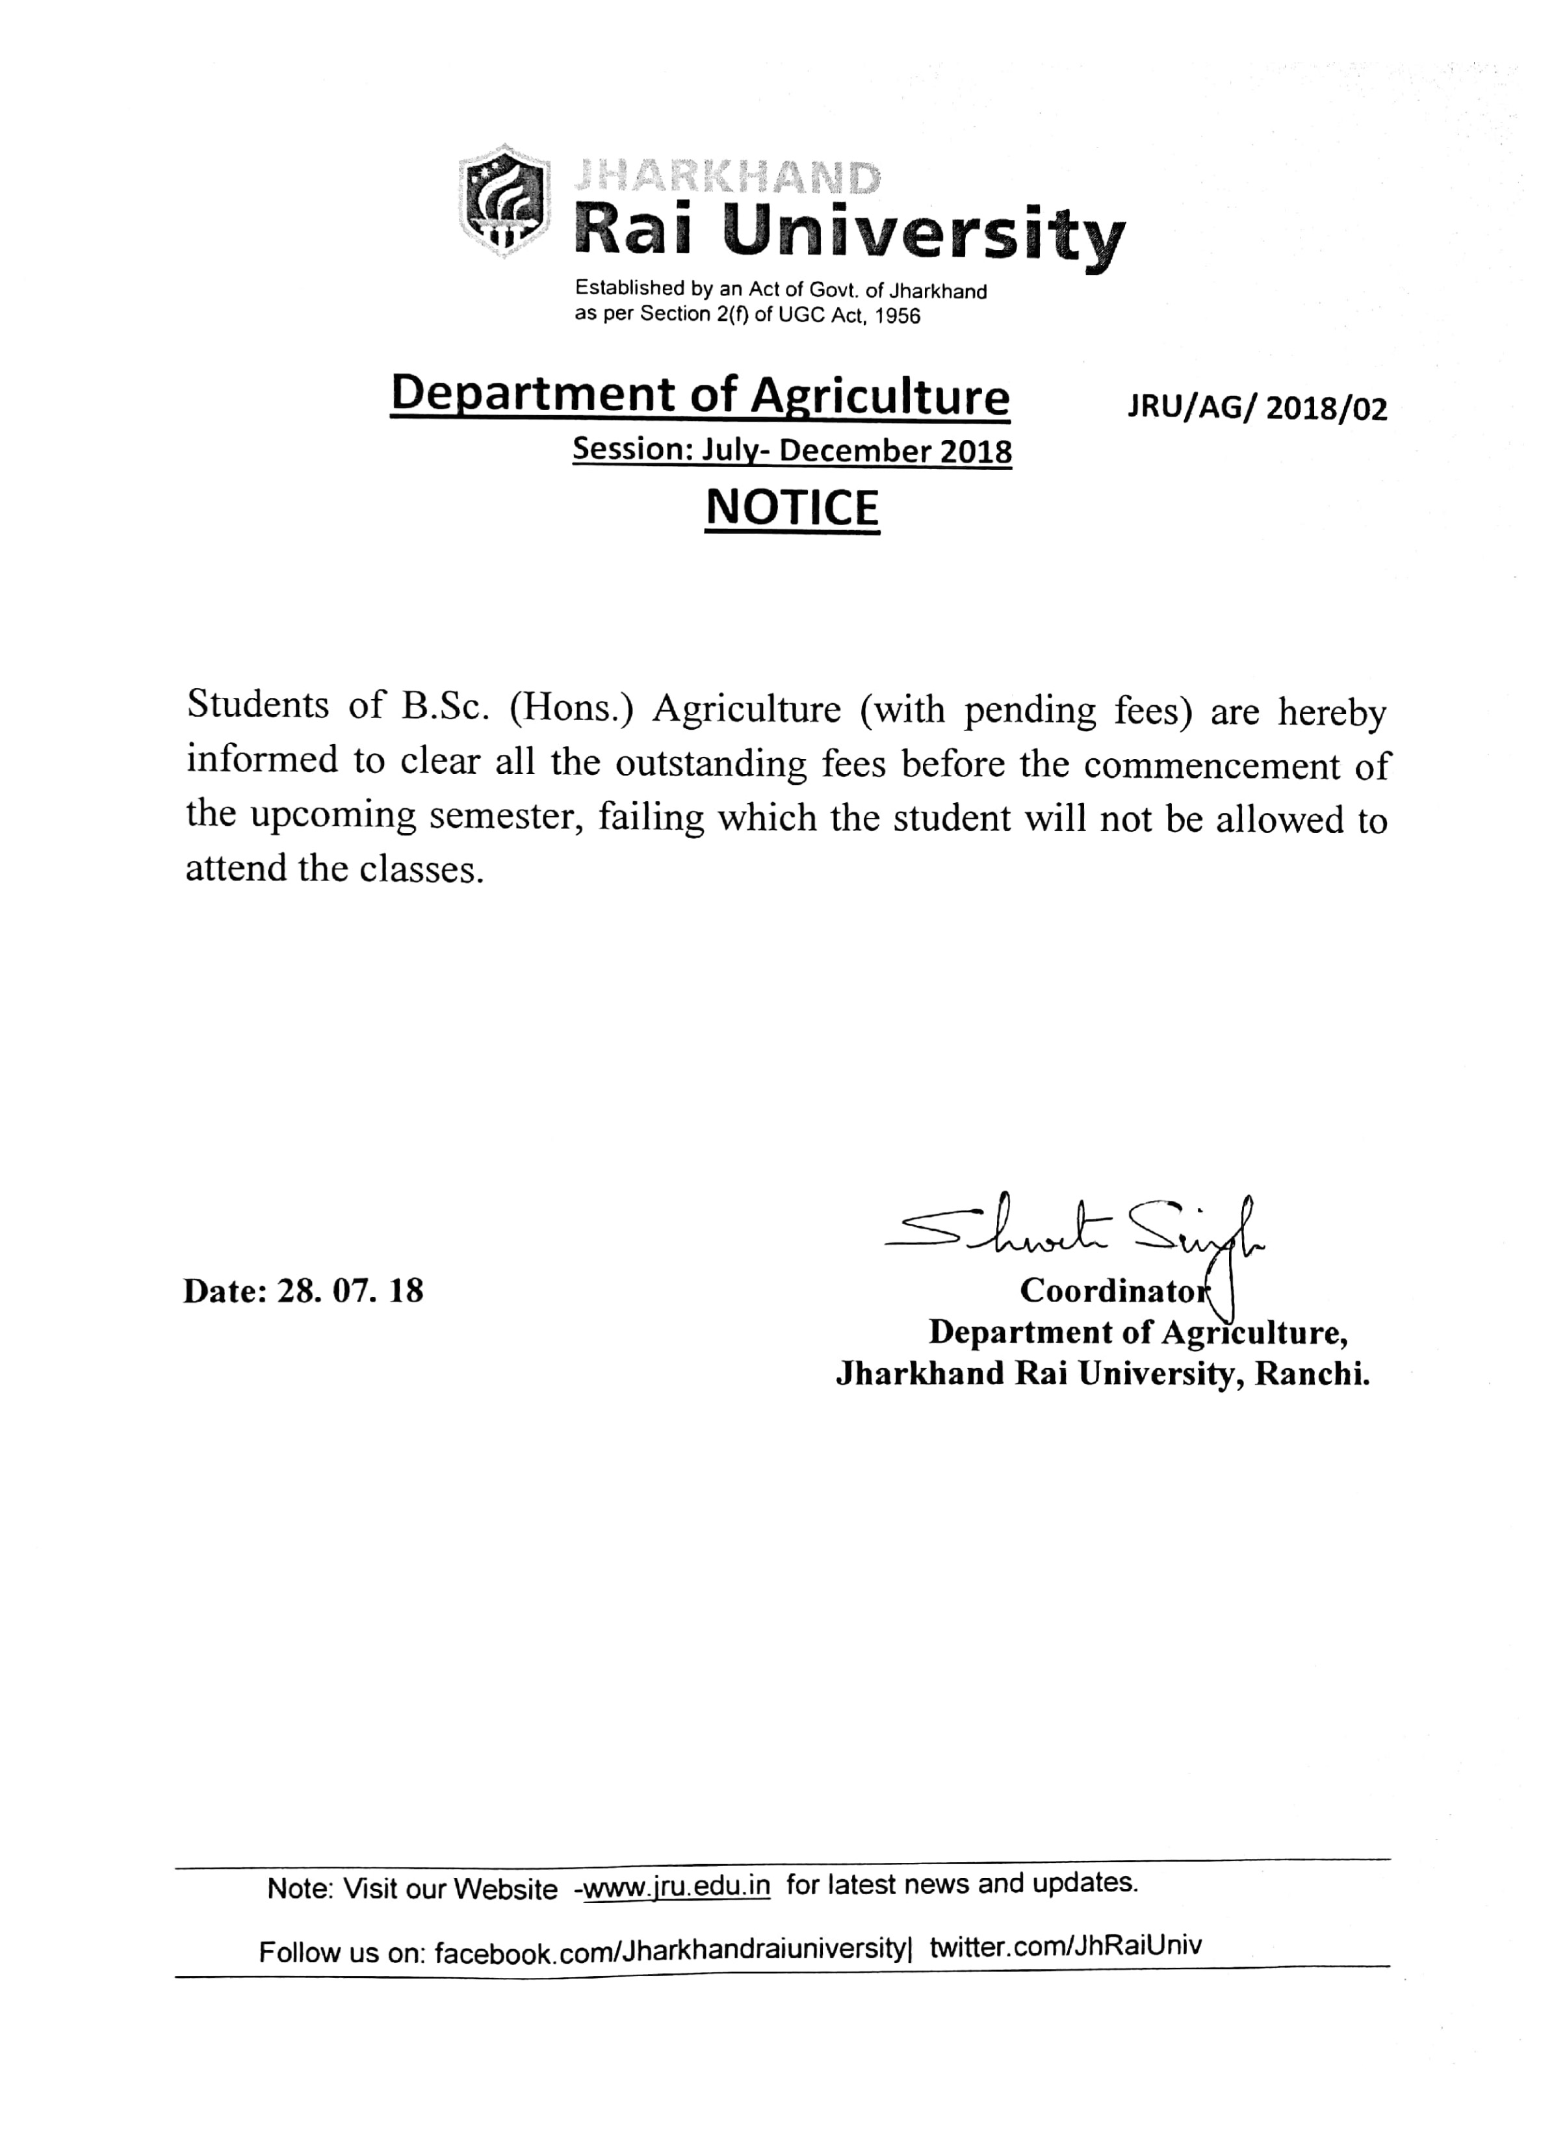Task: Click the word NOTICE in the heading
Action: click(x=792, y=508)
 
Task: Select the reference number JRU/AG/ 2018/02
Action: click(x=1256, y=409)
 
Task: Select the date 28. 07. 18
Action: click(x=349, y=1290)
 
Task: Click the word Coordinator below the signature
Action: click(x=1113, y=1290)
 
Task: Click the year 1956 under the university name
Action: click(x=897, y=316)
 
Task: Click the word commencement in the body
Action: click(x=1210, y=765)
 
